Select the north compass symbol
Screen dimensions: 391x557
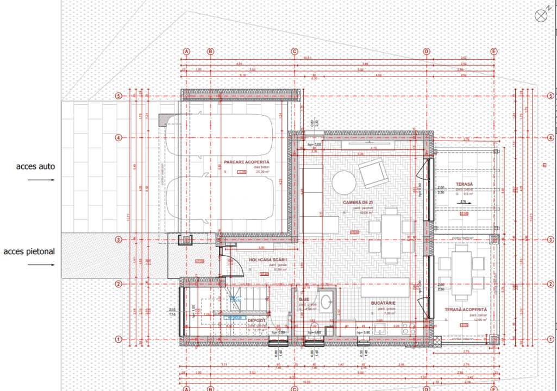(541, 16)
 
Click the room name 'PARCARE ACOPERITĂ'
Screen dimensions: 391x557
(246, 162)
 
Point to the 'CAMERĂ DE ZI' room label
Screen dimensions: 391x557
(358, 202)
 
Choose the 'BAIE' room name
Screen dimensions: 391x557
(304, 299)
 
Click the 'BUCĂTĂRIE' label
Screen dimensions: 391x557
(383, 303)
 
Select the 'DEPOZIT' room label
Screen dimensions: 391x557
(256, 320)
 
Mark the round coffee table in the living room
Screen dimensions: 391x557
(345, 182)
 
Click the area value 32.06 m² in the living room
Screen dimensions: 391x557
(365, 213)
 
